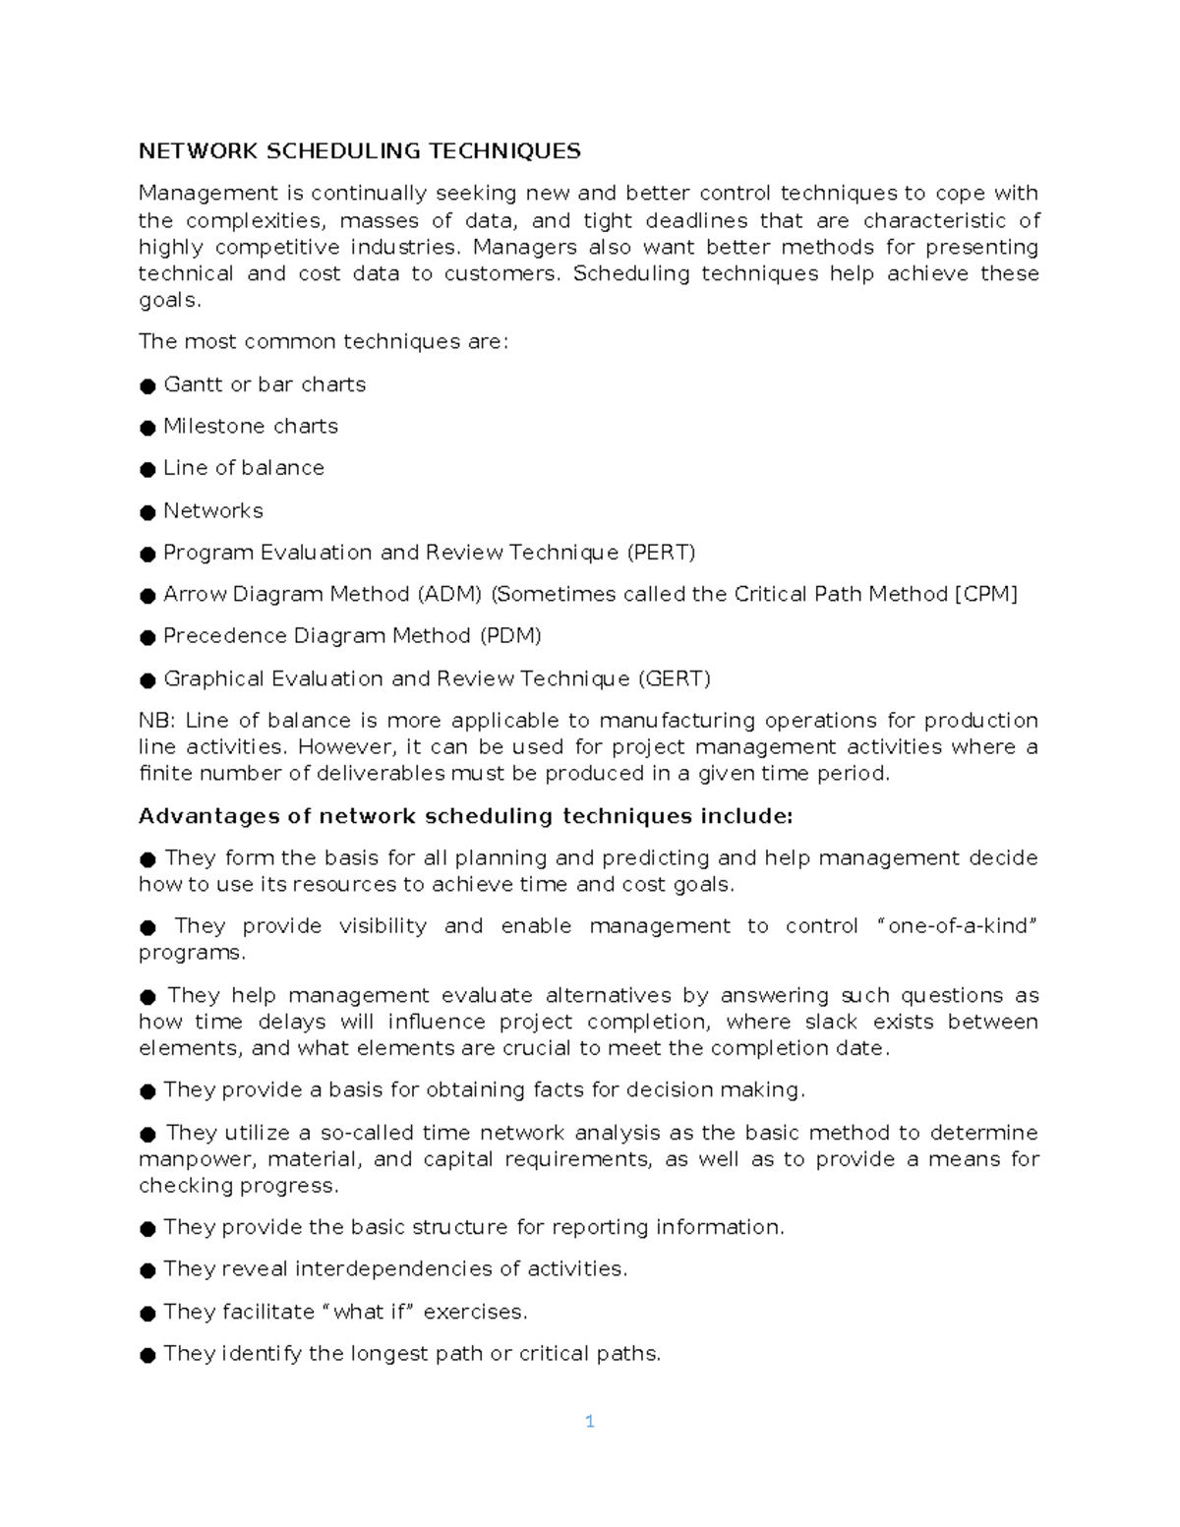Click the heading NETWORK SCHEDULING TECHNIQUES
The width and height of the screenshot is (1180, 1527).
pyautogui.click(x=359, y=150)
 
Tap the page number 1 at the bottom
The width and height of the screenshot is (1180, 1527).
pyautogui.click(x=589, y=1421)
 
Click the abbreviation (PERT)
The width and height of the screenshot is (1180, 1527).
pyautogui.click(x=661, y=553)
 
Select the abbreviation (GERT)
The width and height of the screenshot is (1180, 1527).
pyautogui.click(x=674, y=678)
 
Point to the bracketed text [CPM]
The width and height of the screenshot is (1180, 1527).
pyautogui.click(x=986, y=594)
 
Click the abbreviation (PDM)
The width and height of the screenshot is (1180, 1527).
pyautogui.click(x=510, y=636)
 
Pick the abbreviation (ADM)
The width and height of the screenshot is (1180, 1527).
pyautogui.click(x=449, y=594)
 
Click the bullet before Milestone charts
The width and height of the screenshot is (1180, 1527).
pyautogui.click(x=147, y=428)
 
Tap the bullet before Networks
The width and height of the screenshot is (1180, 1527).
pyautogui.click(x=147, y=512)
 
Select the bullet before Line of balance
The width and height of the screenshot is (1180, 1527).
pyautogui.click(x=147, y=470)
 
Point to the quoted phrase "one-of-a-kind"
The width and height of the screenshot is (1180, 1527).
pyautogui.click(x=956, y=926)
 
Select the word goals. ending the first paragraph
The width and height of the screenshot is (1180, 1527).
pyautogui.click(x=169, y=300)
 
